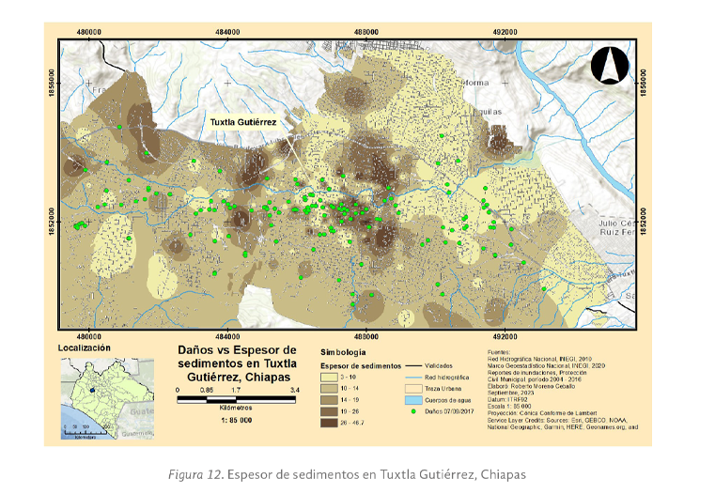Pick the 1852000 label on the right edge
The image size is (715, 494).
[644, 223]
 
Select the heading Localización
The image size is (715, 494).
[85, 347]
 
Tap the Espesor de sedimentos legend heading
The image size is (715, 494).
[362, 364]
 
